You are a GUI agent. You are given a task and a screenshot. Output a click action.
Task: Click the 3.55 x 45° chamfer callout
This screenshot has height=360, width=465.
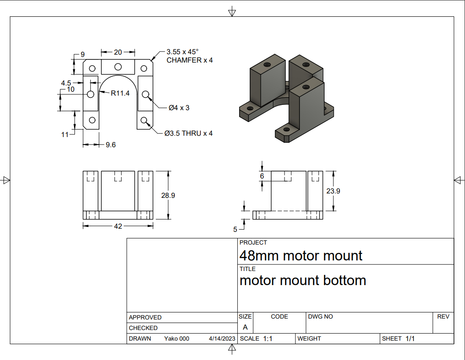tap(189, 56)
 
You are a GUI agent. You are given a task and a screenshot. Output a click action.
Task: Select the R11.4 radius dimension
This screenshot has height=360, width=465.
tap(120, 93)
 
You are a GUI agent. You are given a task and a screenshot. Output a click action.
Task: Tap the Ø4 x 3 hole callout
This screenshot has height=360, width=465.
tap(179, 108)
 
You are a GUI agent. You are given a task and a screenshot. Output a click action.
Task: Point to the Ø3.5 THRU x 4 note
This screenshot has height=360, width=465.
tap(188, 133)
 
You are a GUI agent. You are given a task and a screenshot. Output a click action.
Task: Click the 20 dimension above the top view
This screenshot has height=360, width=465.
tap(118, 52)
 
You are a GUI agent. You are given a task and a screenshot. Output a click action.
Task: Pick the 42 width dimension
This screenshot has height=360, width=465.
tap(118, 226)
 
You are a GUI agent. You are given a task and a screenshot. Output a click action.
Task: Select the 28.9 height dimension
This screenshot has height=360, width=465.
tap(168, 195)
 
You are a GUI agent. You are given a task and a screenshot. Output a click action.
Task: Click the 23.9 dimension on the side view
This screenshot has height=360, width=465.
tap(333, 191)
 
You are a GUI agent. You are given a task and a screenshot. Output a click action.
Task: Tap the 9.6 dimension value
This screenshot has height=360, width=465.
tap(111, 145)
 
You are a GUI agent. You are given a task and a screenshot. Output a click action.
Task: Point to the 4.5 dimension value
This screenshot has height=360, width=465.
tap(66, 83)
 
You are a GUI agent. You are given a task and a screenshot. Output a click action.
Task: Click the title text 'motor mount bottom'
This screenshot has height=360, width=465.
tap(303, 280)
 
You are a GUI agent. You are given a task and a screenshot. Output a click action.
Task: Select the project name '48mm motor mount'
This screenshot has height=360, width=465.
tap(301, 256)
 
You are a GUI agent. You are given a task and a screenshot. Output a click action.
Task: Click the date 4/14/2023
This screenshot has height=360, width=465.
tap(222, 339)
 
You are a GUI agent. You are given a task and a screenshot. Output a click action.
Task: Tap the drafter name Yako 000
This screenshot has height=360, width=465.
tap(177, 339)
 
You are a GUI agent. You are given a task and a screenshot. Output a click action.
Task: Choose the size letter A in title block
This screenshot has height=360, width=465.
tap(245, 327)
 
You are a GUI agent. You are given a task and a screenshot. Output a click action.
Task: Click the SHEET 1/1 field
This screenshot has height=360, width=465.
tap(399, 338)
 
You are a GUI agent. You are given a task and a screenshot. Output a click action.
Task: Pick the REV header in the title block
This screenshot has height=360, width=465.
tap(443, 316)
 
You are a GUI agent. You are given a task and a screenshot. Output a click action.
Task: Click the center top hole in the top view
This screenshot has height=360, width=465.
tap(118, 67)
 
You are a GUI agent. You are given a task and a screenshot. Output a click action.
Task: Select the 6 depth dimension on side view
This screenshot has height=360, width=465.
tap(262, 176)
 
